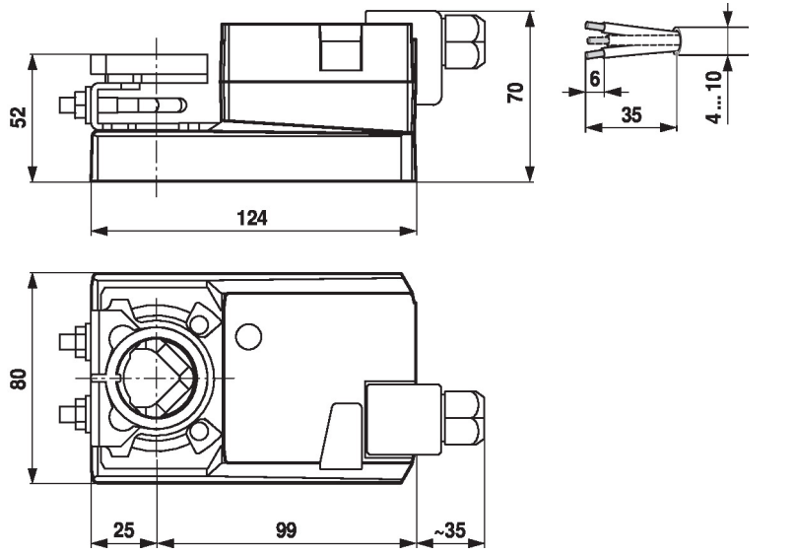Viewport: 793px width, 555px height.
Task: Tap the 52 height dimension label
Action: [x=18, y=116]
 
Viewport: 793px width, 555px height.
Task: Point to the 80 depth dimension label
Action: [x=18, y=379]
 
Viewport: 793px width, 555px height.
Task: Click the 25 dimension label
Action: [x=123, y=530]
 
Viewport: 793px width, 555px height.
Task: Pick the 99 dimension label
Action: [x=286, y=530]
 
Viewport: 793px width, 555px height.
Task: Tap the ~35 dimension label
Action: [x=450, y=530]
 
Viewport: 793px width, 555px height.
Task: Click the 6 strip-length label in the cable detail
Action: [x=593, y=77]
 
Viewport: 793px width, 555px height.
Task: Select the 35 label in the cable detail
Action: [x=631, y=114]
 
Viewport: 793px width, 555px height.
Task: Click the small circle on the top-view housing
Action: [x=249, y=336]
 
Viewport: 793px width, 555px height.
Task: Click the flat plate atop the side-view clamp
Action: [x=149, y=65]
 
